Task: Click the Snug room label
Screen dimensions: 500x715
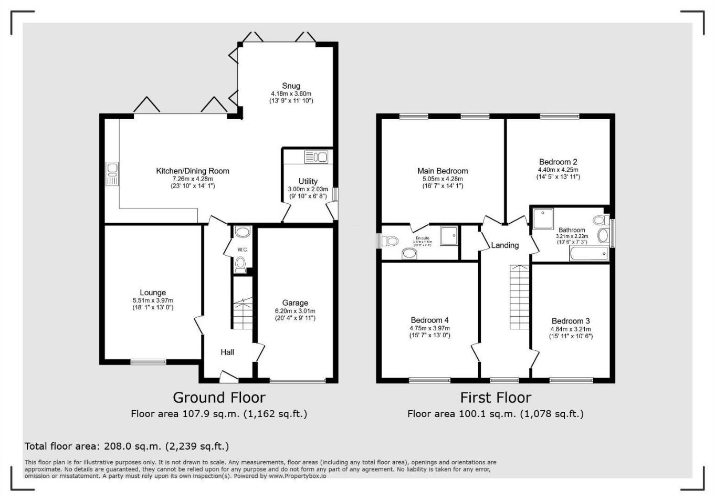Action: (x=291, y=86)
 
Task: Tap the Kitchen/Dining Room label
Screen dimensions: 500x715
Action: (x=193, y=171)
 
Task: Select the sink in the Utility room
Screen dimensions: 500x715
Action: (x=316, y=157)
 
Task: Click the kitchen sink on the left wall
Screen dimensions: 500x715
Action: (x=112, y=174)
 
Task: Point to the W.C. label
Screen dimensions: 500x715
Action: (x=242, y=249)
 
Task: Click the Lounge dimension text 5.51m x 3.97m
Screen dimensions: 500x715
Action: (x=153, y=300)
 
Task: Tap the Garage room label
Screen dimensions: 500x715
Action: (x=295, y=303)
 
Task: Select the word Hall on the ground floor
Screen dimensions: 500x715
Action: (x=227, y=352)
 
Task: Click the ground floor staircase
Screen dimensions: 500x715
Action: (x=242, y=313)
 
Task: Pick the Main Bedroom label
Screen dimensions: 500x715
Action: (x=443, y=171)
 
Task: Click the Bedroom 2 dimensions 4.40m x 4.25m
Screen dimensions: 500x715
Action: (x=558, y=170)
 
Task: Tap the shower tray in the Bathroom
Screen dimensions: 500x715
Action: (x=543, y=218)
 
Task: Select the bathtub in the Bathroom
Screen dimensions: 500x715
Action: (x=588, y=254)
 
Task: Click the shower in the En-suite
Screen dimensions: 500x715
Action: (x=449, y=236)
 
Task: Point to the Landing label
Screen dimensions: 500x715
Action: (x=504, y=245)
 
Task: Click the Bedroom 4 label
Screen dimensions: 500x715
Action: (x=429, y=320)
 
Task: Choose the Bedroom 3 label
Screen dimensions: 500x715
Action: (x=571, y=321)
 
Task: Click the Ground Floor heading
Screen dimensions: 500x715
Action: (x=219, y=398)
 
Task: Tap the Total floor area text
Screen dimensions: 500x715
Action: (x=127, y=446)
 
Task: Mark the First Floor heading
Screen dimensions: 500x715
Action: (x=496, y=398)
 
